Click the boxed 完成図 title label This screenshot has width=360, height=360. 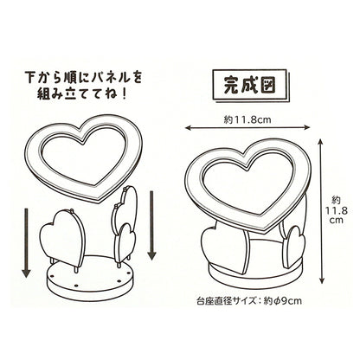pyautogui.click(x=250, y=85)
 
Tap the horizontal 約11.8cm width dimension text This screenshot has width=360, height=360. pyautogui.click(x=247, y=119)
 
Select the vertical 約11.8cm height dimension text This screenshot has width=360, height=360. pyautogui.click(x=337, y=209)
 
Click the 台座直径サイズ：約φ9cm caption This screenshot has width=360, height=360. pyautogui.click(x=249, y=301)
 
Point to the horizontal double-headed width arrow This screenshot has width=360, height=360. pyautogui.click(x=247, y=127)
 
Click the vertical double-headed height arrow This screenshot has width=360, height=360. pyautogui.click(x=322, y=211)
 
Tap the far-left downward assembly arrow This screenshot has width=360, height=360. pyautogui.click(x=27, y=243)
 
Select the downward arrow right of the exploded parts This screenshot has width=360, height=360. pyautogui.click(x=151, y=225)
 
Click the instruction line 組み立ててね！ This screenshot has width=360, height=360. pyautogui.click(x=81, y=94)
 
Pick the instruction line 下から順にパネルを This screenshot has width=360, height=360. pyautogui.click(x=84, y=77)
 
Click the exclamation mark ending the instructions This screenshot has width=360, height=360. pyautogui.click(x=124, y=94)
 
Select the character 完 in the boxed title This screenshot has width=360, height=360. pyautogui.click(x=232, y=85)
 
